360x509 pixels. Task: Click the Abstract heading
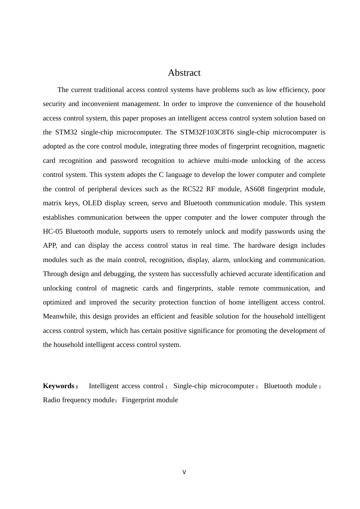point(184,73)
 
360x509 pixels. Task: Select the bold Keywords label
point(59,386)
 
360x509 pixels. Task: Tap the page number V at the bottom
point(184,472)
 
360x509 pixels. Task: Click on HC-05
point(53,231)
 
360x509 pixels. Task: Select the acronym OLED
point(92,203)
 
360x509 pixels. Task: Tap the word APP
point(50,245)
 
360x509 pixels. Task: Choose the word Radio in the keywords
point(52,400)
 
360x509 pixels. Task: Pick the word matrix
point(52,203)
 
